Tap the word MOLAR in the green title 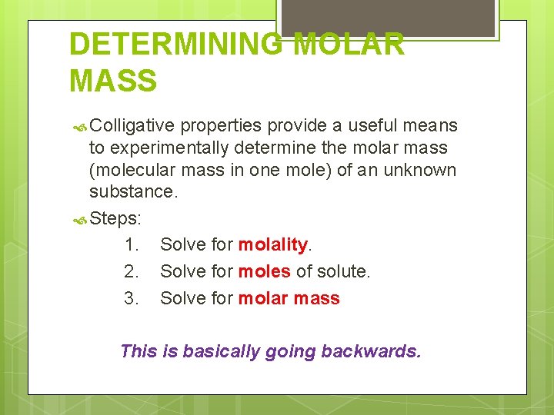coord(350,44)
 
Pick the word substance coord(134,191)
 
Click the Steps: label coord(115,218)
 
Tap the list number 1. coord(131,245)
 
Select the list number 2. coord(131,272)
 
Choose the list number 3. coord(131,299)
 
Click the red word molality coord(272,245)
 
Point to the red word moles coord(264,272)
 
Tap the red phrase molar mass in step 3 coord(289,299)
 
